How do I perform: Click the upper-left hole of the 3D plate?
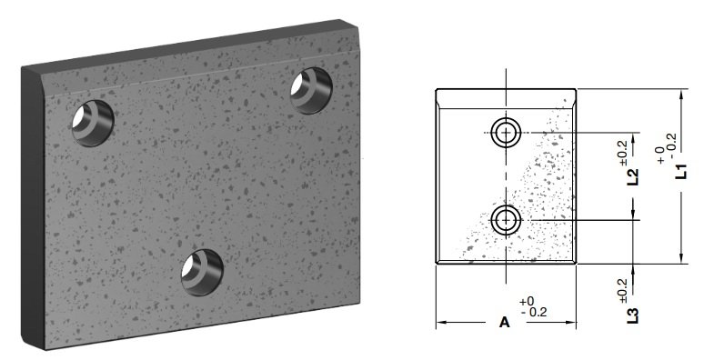[x=93, y=123]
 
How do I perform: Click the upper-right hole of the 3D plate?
[x=311, y=90]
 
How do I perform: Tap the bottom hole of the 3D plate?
[x=202, y=272]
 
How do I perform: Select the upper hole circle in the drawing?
[x=506, y=133]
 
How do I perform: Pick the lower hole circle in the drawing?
[x=506, y=220]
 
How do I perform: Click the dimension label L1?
[x=681, y=172]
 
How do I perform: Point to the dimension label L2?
[x=633, y=176]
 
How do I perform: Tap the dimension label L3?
[x=633, y=315]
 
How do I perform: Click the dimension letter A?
[x=505, y=322]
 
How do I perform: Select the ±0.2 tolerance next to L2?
[x=623, y=154]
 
